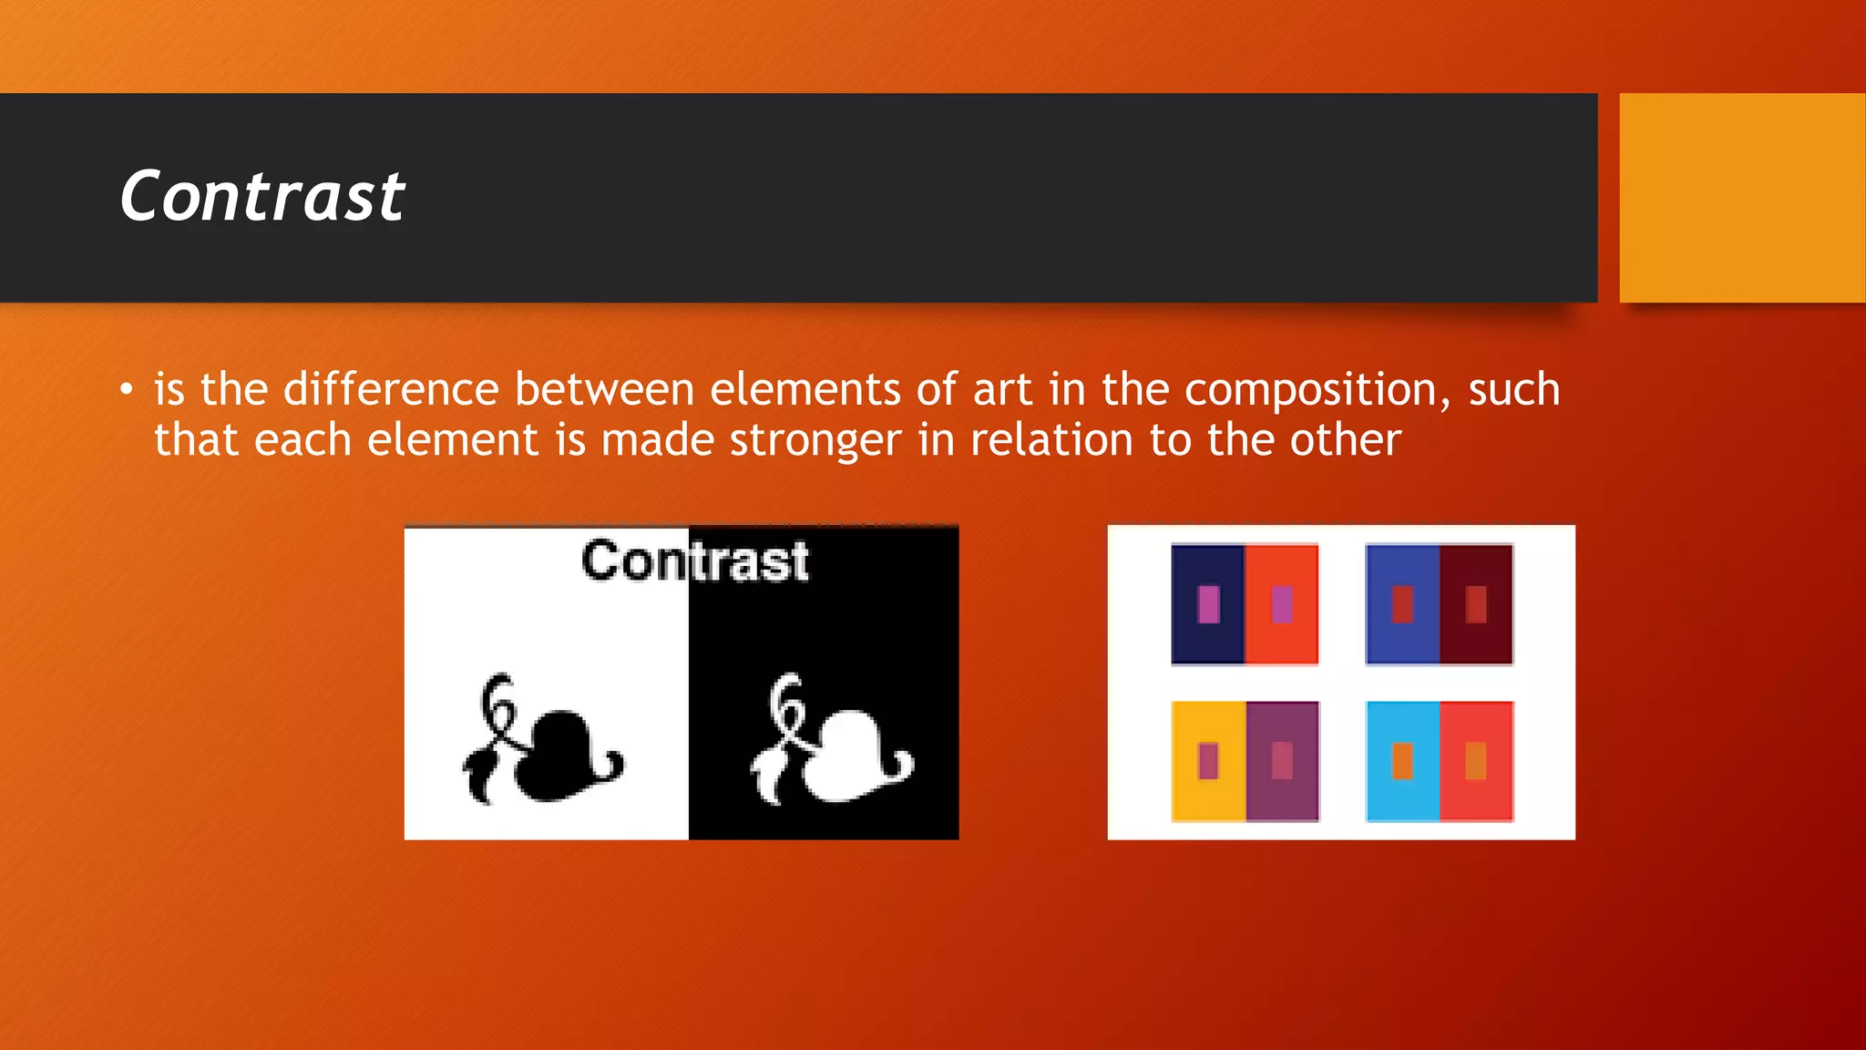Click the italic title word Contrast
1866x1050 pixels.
[x=262, y=196]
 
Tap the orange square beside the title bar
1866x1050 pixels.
[x=1742, y=197]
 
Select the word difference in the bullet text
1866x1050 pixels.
[x=391, y=389]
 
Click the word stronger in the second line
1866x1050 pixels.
[x=815, y=441]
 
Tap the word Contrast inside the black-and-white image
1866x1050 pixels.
[x=695, y=561]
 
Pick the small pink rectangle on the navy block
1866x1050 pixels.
[x=1208, y=604]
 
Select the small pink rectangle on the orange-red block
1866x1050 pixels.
[x=1282, y=604]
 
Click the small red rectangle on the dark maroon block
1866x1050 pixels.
[x=1476, y=604]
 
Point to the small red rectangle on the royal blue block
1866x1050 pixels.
[x=1402, y=604]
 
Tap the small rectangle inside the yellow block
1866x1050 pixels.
[x=1208, y=761]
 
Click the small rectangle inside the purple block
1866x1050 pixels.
[x=1282, y=761]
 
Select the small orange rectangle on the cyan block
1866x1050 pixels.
[x=1402, y=761]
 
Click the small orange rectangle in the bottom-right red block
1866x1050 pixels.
[x=1476, y=761]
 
